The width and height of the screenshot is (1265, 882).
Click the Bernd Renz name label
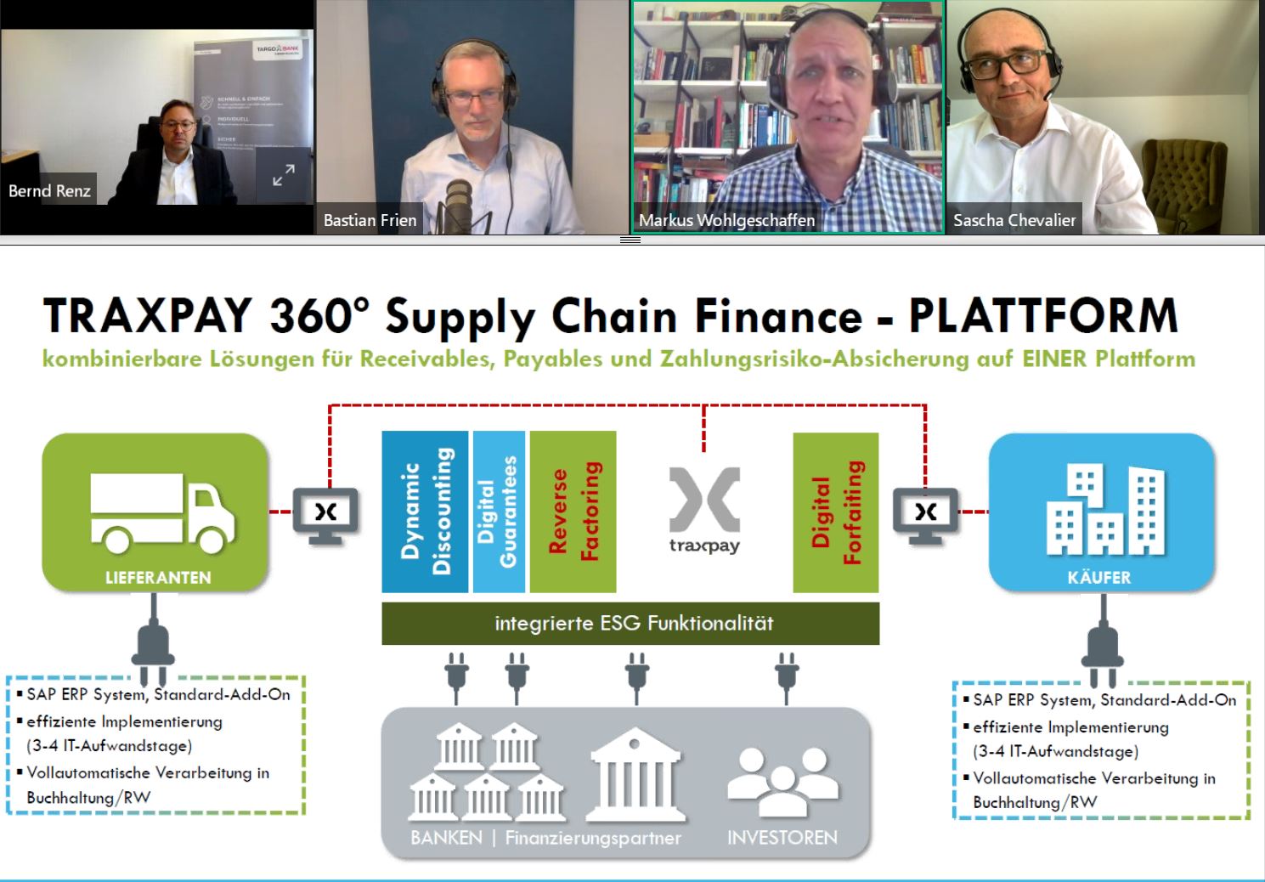(49, 191)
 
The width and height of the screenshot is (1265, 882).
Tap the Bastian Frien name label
(370, 220)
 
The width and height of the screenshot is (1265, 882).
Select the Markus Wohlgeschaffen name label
(726, 220)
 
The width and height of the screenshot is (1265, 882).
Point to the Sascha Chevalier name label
(1014, 220)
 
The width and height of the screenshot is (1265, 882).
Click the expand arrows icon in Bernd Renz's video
(283, 176)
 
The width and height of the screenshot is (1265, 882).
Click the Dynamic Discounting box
(425, 512)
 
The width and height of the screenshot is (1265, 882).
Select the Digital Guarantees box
(499, 512)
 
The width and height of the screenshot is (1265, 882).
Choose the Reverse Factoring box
(573, 512)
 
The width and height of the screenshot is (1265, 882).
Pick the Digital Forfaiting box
(836, 512)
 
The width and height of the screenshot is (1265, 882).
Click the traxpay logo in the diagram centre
(704, 510)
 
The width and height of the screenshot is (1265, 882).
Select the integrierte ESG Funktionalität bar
(630, 624)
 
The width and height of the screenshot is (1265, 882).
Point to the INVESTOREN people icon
(782, 780)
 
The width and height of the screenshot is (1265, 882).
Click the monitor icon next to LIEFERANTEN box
(325, 513)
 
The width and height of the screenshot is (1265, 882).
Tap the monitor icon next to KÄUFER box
(925, 513)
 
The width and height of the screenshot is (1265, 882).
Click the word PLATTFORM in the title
(1043, 316)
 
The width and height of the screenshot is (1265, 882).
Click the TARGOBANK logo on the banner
(278, 51)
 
